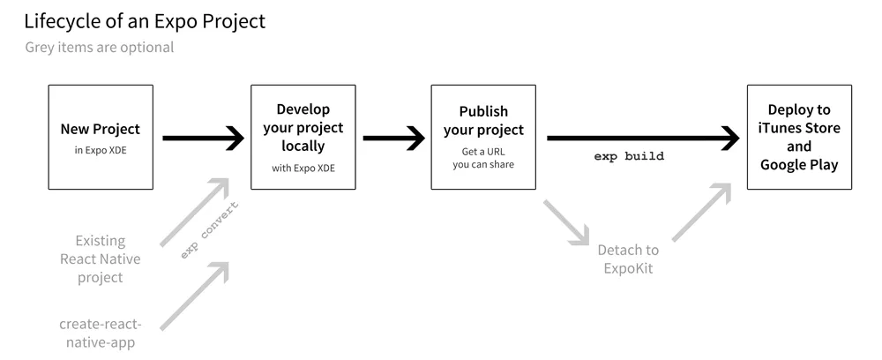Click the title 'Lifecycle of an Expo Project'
tap(145, 21)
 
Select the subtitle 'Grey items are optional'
tap(100, 48)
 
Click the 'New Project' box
tap(101, 137)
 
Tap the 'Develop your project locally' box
tap(303, 137)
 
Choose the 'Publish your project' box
tap(483, 137)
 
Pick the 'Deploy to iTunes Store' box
tap(799, 137)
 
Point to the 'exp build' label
tap(629, 156)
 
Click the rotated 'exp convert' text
tap(210, 230)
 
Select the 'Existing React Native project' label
tap(100, 259)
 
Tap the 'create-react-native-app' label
tap(100, 332)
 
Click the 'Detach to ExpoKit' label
tap(627, 259)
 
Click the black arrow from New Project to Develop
tap(203, 138)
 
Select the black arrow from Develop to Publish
tap(393, 138)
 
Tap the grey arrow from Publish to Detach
tap(566, 222)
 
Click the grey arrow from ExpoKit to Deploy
tap(702, 212)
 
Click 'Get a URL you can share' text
tap(483, 158)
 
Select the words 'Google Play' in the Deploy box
tap(799, 165)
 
